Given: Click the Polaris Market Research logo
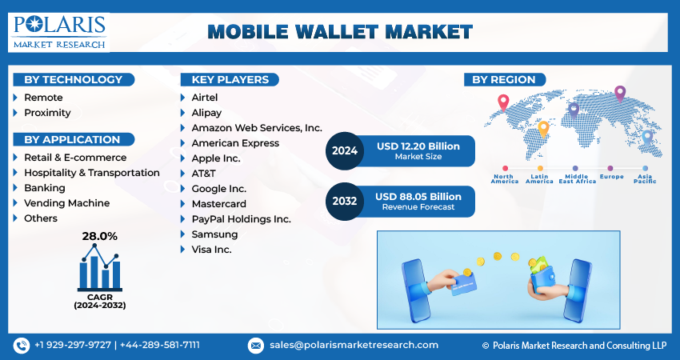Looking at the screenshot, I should (59, 31).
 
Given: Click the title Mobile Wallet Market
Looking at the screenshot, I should (340, 32).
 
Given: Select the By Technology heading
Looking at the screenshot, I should (73, 79).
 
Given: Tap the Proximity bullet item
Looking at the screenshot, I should (47, 113).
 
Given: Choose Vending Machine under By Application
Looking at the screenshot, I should (67, 203).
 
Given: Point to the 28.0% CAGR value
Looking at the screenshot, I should (100, 236).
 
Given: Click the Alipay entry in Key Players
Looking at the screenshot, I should (206, 113).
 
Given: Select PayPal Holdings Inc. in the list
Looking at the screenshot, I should (241, 218).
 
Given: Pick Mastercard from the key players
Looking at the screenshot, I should (218, 203).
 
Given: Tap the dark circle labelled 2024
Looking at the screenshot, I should (345, 150).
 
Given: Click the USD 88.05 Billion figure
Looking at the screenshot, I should (418, 196).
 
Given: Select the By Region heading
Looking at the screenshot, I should (506, 79).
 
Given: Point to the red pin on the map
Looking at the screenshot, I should (503, 102).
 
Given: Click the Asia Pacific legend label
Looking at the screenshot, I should (645, 178).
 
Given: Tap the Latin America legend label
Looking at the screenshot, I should (539, 178).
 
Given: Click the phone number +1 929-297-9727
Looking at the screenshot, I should (74, 345).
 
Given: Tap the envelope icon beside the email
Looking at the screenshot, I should (256, 345).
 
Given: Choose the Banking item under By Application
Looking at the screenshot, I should (44, 188).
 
